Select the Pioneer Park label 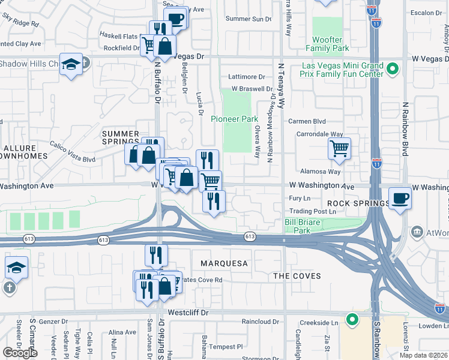click(x=234, y=119)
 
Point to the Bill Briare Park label click(x=297, y=226)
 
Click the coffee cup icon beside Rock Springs click(x=400, y=199)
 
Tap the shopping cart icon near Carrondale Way click(x=340, y=148)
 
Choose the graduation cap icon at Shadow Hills click(x=71, y=65)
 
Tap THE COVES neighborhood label click(x=297, y=276)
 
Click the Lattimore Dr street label click(x=246, y=77)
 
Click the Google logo click(x=20, y=352)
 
